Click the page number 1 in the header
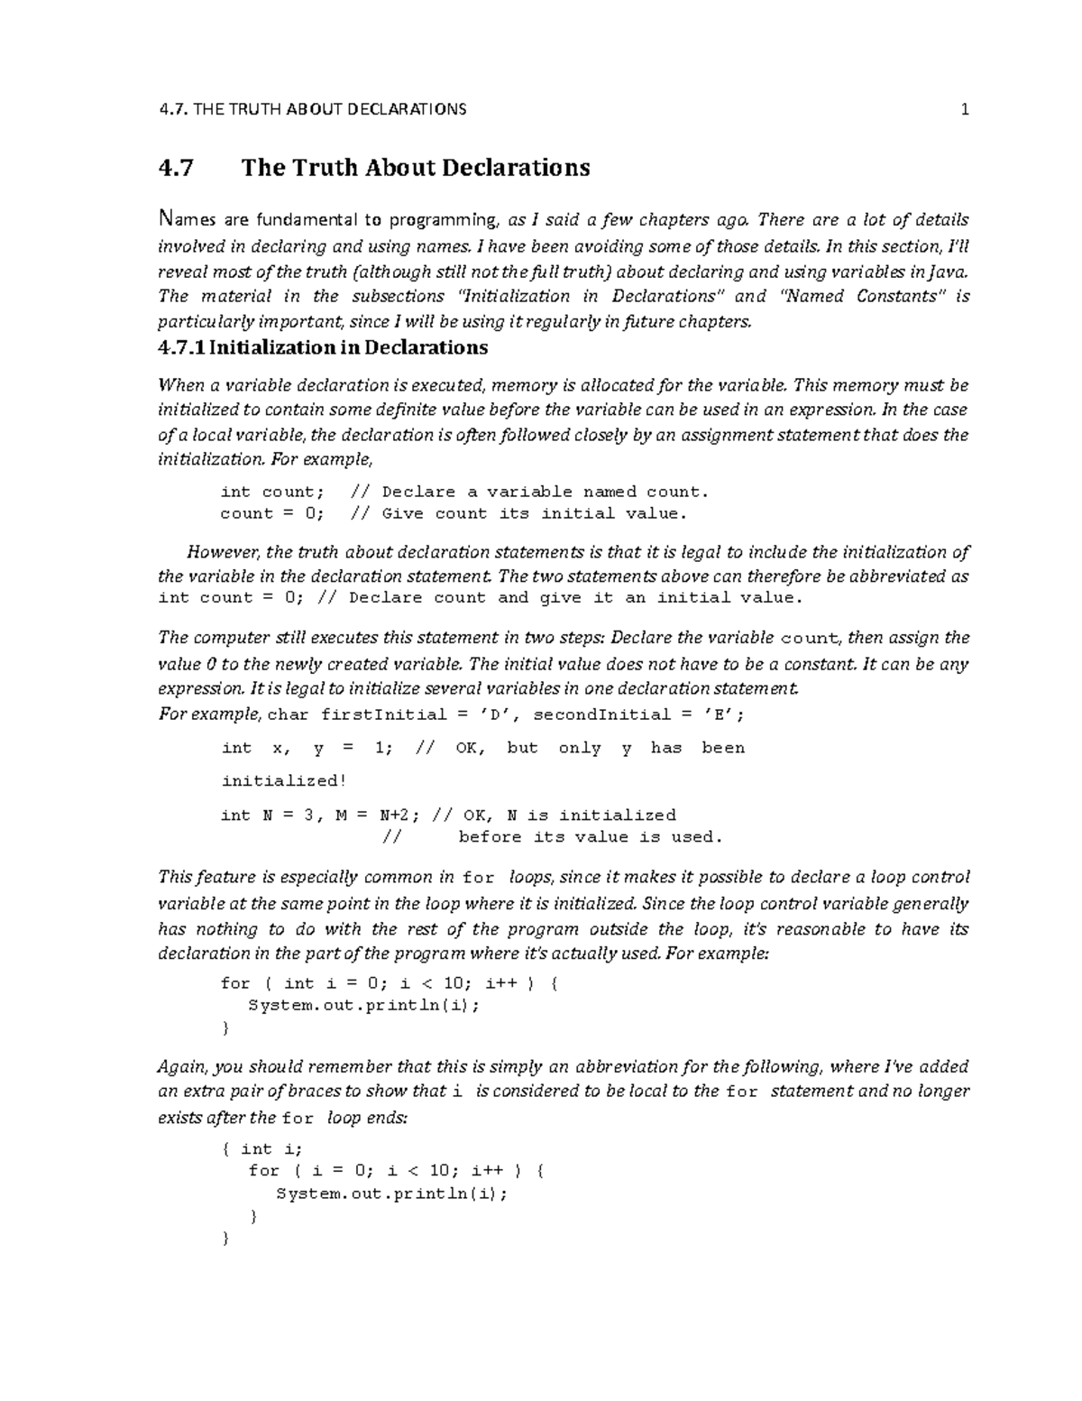coord(964,110)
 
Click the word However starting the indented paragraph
coord(223,552)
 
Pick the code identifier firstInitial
coord(372,714)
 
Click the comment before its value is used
coord(591,837)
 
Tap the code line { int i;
coord(262,1148)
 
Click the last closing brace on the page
coord(225,1239)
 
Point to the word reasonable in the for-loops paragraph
coord(821,929)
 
